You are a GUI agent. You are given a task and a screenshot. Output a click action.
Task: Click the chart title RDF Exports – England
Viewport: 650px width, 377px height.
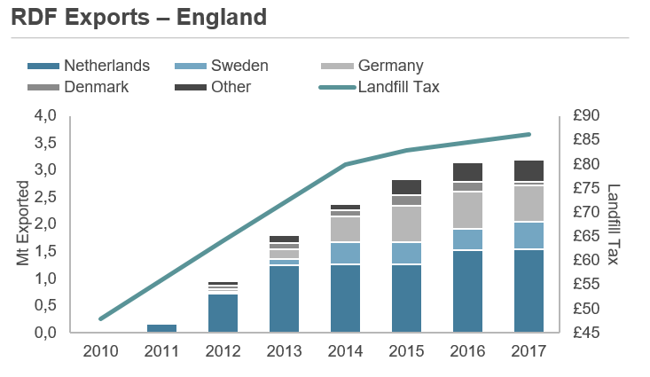[139, 17]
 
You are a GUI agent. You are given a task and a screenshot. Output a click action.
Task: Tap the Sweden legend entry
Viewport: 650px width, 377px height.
[239, 66]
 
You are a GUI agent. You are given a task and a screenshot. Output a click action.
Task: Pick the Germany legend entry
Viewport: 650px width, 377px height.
[390, 66]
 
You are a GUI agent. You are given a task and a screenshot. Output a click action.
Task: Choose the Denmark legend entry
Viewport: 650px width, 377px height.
[97, 87]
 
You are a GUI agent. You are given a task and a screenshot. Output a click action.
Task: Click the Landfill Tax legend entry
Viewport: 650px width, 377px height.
[398, 87]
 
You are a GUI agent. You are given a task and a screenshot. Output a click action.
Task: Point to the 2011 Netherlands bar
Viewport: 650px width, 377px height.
[161, 327]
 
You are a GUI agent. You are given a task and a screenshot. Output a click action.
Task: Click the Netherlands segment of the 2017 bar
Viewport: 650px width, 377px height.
[529, 290]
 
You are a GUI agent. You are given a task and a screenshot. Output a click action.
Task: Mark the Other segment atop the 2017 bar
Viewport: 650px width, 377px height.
[529, 170]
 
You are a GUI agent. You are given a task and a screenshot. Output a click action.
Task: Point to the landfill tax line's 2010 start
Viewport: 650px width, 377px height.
[101, 318]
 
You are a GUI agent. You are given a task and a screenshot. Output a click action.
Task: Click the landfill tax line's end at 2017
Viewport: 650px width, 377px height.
[529, 134]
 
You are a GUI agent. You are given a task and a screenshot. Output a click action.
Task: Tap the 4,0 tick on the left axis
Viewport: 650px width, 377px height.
[45, 115]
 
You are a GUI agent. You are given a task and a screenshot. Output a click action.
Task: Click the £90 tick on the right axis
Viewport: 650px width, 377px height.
[587, 115]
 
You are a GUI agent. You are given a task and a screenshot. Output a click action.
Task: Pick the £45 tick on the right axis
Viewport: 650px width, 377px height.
[587, 332]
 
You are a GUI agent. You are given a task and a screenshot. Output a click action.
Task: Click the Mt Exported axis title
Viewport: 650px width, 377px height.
[24, 224]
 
